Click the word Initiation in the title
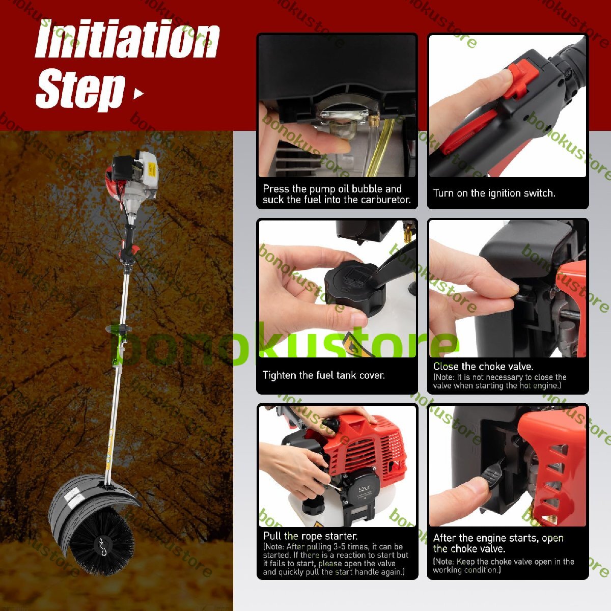point(127,40)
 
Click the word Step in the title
point(80,90)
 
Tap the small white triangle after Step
point(138,94)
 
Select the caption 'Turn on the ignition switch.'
point(494,193)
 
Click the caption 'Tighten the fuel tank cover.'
point(324,375)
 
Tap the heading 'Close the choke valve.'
point(483,367)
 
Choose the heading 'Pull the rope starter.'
point(310,536)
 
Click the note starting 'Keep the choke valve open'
point(504,566)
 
